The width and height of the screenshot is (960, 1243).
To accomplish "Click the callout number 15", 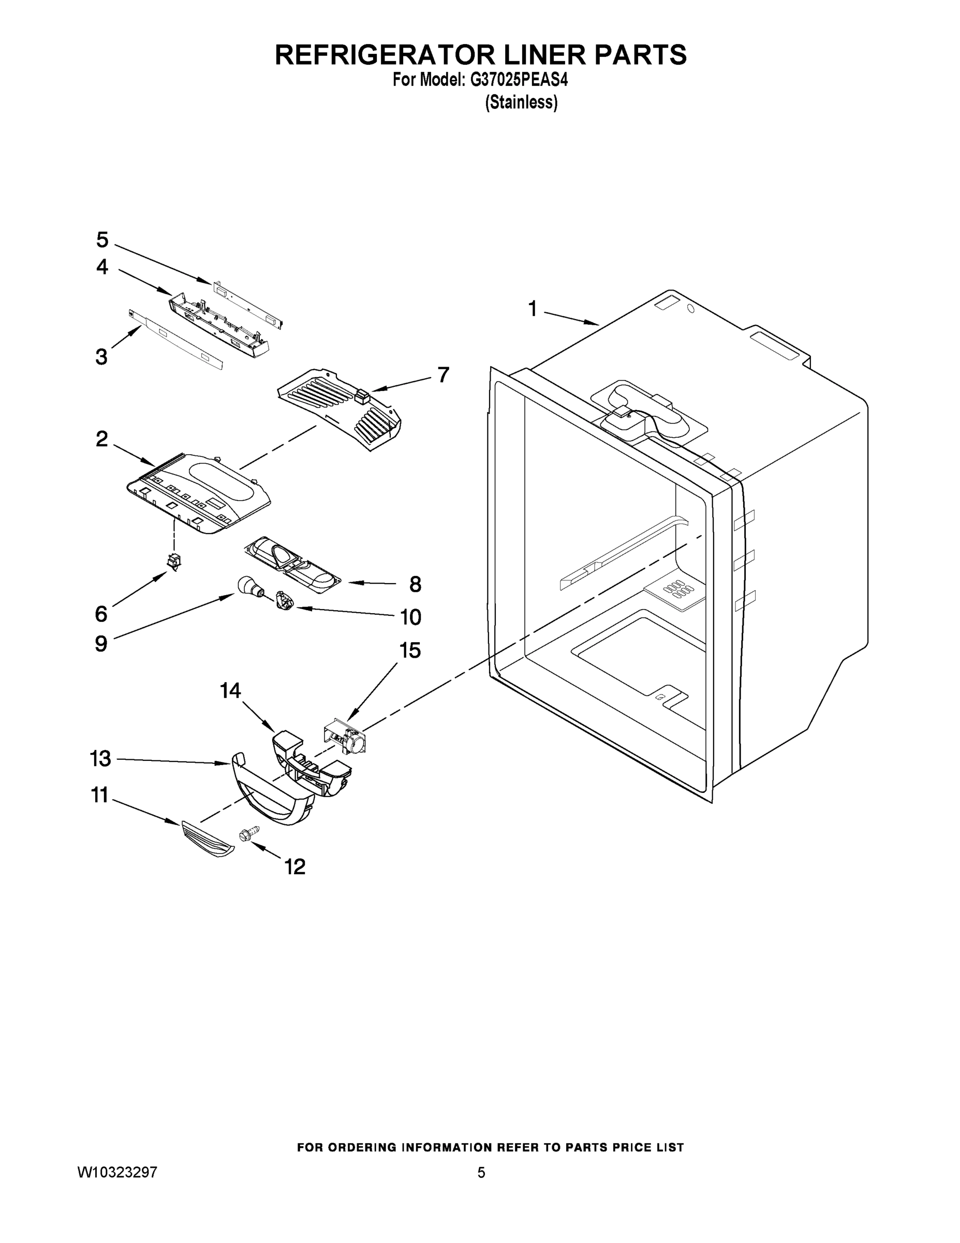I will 410,651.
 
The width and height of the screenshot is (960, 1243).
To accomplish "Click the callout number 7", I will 443,374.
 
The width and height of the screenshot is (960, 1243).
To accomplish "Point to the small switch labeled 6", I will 173,561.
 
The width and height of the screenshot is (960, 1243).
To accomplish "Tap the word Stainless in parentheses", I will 521,103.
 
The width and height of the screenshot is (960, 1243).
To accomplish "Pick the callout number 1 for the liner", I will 533,309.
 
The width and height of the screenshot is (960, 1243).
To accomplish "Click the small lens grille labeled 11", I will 207,839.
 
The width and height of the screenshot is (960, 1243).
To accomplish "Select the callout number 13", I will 101,759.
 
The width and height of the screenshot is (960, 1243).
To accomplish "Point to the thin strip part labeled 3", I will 176,340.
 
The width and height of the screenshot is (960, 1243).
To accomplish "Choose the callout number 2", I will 102,439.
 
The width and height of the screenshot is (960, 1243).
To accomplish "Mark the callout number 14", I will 230,691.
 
